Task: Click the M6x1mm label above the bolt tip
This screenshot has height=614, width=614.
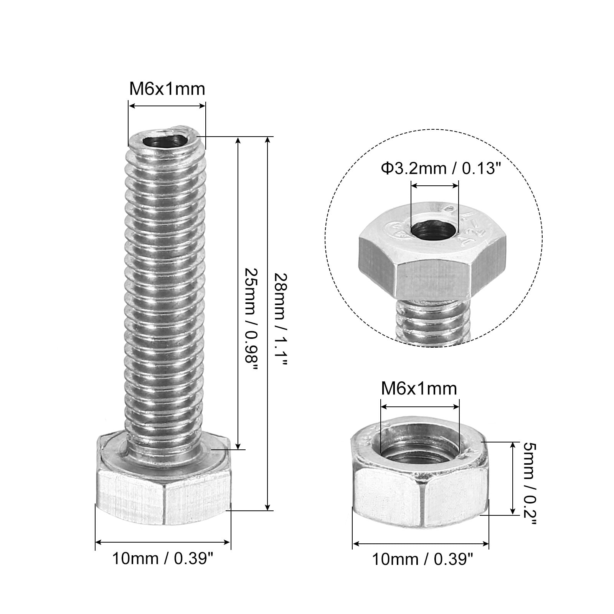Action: point(167,89)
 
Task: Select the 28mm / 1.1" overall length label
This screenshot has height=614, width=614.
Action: point(280,320)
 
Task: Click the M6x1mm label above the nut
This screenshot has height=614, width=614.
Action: point(419,389)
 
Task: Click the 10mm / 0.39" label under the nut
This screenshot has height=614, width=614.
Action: point(422,560)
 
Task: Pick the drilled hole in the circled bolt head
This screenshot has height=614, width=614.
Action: point(434,230)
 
